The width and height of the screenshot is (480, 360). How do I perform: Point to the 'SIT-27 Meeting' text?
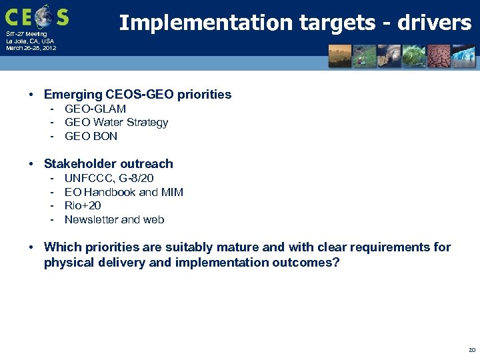pos(26,34)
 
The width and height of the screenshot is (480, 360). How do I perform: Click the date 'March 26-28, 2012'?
pos(31,49)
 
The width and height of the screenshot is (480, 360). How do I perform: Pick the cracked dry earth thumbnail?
pos(440,56)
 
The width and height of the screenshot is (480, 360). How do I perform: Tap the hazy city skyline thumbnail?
pos(340,56)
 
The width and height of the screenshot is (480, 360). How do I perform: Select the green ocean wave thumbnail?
pos(415,56)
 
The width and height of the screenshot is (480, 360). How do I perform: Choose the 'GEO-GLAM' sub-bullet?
pos(95,109)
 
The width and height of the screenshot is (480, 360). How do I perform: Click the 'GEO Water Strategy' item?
pos(116,123)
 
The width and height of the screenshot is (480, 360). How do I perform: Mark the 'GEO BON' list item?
pos(91,137)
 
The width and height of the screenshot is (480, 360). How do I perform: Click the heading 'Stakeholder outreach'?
pos(108,164)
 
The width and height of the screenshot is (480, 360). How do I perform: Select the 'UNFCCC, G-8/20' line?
pos(109,178)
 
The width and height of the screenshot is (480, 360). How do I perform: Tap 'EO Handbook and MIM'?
pos(123,192)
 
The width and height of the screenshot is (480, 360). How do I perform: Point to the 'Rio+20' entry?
pos(83,206)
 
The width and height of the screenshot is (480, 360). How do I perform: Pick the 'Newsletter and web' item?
pos(114,220)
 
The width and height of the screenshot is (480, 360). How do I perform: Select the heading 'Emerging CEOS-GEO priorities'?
pos(137,95)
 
